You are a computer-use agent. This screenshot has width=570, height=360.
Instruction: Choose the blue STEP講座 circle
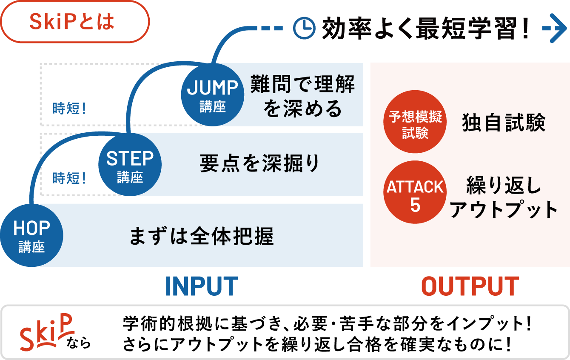pos(130,165)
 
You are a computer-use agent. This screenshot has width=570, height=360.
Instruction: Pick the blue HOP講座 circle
pos(32,235)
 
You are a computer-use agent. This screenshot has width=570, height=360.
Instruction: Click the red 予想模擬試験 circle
pos(415,122)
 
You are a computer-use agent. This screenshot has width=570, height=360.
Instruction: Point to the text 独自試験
pos(504,123)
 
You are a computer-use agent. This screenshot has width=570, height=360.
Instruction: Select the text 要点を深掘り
pos(260,164)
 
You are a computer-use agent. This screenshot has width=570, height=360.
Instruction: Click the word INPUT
pos(201,286)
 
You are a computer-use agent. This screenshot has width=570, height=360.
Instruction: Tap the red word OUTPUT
pos(470,286)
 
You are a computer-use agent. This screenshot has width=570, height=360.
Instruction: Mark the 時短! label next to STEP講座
pos(69,178)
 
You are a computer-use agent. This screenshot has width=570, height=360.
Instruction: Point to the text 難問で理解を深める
pos(302,96)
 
